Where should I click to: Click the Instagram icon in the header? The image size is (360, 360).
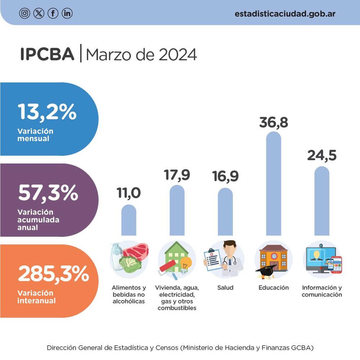24,13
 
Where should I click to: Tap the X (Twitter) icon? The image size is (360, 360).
39,13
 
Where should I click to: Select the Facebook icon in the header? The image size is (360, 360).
53,13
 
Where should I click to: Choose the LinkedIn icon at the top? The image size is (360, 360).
67,13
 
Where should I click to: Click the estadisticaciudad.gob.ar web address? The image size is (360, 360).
285,14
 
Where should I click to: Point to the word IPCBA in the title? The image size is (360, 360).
47,54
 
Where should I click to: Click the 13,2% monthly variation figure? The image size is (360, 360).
47,112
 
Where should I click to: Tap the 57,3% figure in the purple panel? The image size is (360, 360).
48,193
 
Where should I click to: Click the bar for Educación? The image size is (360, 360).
274,184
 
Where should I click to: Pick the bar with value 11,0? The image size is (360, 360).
129,220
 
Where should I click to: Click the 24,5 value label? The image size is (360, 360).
321,156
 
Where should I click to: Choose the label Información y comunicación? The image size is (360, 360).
321,291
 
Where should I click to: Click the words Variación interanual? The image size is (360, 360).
36,297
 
